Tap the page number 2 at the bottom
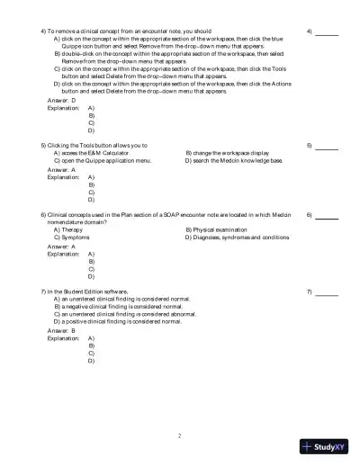coord(179,436)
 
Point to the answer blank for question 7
coord(327,294)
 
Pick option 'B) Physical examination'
coord(220,230)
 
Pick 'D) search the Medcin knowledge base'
coord(234,160)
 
